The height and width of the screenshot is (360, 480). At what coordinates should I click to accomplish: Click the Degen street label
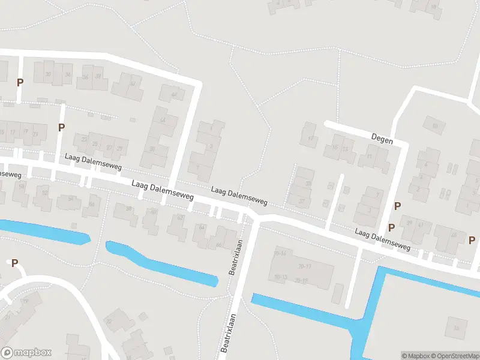382,140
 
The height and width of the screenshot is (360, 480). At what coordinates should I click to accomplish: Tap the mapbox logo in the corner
26,352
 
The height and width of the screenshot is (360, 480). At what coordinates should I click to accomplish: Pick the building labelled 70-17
304,266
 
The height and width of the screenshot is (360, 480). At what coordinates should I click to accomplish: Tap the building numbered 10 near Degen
433,125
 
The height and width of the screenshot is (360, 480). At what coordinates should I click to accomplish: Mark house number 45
453,235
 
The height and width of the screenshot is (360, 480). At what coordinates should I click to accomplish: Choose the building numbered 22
109,321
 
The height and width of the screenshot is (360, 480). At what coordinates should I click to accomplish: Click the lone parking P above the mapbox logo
14,262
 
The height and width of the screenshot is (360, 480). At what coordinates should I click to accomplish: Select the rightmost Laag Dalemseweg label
382,238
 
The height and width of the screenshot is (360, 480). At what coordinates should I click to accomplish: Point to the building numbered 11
369,157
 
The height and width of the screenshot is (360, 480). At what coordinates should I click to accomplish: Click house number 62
178,219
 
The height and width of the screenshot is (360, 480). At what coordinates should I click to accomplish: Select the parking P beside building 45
472,240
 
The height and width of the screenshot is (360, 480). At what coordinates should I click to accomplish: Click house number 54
71,199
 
